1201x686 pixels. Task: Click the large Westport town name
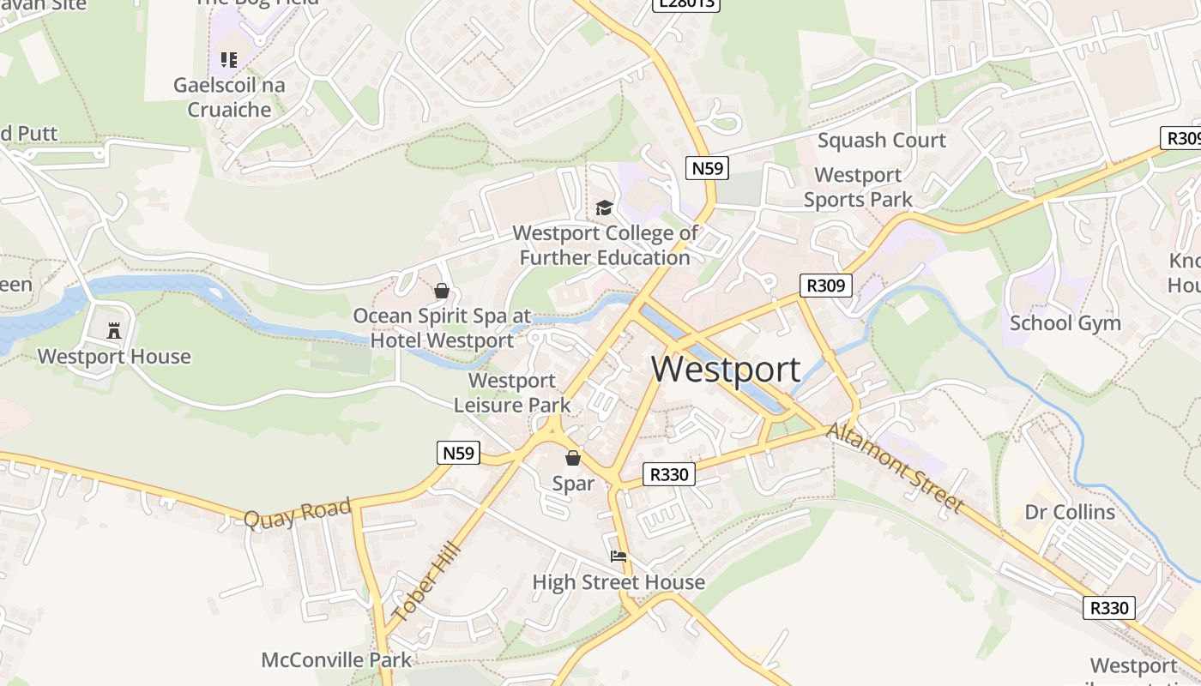pos(726,369)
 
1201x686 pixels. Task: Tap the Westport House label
pos(114,357)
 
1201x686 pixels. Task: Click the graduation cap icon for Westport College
pos(605,208)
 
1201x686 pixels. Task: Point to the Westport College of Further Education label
pos(605,245)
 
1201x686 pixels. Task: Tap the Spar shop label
pos(573,484)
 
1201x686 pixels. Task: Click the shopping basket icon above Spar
pos(572,459)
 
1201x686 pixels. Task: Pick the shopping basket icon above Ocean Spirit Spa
pos(442,292)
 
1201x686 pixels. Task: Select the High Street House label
pos(619,583)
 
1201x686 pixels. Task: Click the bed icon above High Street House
pos(619,557)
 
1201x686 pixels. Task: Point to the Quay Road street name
pos(298,513)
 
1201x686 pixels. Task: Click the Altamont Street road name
pos(895,468)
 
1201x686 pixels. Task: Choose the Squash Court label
pos(882,141)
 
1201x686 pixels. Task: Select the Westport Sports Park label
pos(858,187)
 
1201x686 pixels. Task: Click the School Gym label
pos(1065,323)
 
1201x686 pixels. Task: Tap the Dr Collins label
pos(1070,513)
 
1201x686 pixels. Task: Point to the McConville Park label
pos(336,660)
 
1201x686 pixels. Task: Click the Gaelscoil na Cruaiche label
pos(229,98)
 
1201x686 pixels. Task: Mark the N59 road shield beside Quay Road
pos(458,453)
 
